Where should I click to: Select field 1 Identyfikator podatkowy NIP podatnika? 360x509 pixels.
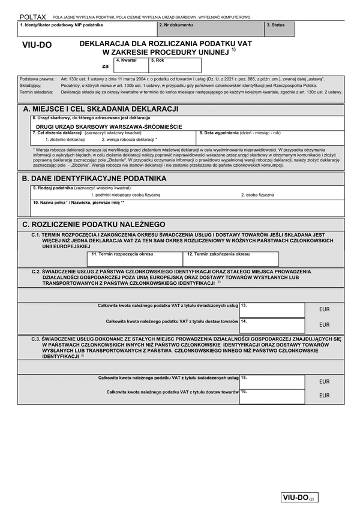[88, 29]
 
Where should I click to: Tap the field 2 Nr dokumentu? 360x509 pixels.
[211, 29]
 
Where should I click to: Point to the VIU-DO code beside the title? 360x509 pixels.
[37, 45]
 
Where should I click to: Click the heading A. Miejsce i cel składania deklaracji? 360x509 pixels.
[100, 109]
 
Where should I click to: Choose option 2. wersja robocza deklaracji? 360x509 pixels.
[131, 139]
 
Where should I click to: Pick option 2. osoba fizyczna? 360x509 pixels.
[258, 195]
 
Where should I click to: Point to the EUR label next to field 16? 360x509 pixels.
[324, 395]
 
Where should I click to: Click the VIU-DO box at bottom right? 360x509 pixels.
[298, 498]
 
